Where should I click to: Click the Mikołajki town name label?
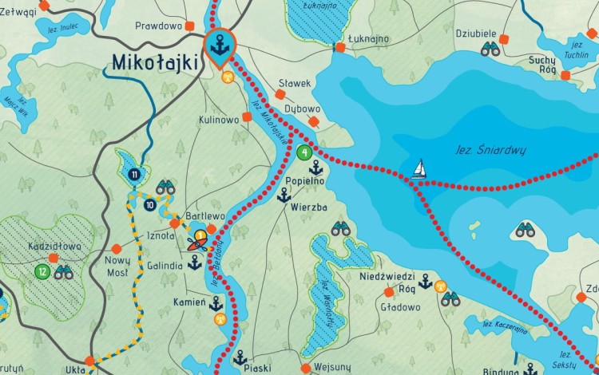(157, 61)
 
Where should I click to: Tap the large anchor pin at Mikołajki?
(220, 46)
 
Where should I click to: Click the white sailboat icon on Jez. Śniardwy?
(419, 169)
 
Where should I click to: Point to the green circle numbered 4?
(303, 152)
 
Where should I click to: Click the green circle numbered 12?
(42, 272)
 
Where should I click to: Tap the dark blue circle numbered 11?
(135, 174)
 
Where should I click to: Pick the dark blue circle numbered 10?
(150, 205)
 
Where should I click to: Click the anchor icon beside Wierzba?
(283, 195)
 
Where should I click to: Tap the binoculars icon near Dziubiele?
(490, 49)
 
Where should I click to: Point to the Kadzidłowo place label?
(54, 247)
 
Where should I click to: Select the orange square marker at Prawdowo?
(189, 26)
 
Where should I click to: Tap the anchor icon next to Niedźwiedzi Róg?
(426, 281)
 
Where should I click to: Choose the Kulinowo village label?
(219, 120)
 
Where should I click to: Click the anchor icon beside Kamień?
(216, 303)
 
